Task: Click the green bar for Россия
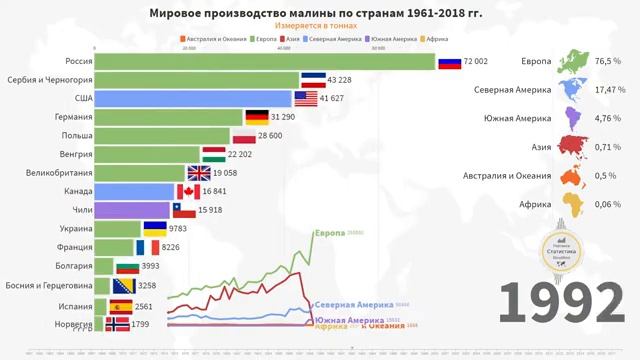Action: pos(265,61)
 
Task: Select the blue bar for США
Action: pos(195,98)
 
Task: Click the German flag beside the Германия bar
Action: pos(257,117)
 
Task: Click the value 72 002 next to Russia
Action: pos(475,62)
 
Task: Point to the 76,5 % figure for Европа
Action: pos(609,62)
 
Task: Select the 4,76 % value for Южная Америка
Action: pos(609,120)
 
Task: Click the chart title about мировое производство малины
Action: pos(314,13)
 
